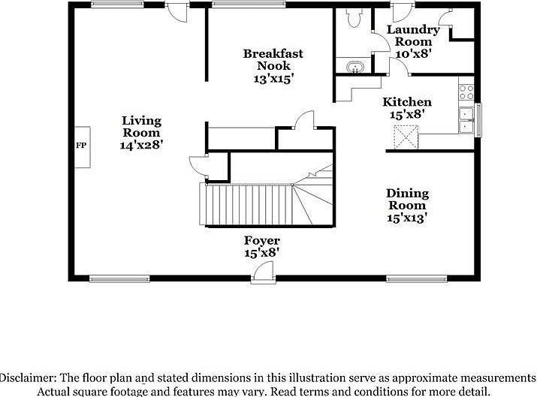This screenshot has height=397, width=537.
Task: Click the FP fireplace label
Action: point(80,146)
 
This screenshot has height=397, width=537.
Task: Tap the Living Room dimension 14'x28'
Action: point(141,145)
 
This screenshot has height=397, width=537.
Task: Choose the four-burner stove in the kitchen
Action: point(466,92)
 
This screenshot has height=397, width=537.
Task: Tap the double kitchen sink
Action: point(467,121)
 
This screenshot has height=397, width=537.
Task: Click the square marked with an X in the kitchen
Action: point(406,137)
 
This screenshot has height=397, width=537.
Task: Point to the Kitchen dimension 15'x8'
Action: point(407,115)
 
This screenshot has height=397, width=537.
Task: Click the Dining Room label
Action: point(406,199)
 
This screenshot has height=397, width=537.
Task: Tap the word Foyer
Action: point(261,241)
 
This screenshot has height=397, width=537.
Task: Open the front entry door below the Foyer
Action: point(262,274)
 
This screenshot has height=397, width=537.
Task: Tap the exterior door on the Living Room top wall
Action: point(176,11)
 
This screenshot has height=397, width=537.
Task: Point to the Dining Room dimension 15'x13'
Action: point(406,218)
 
